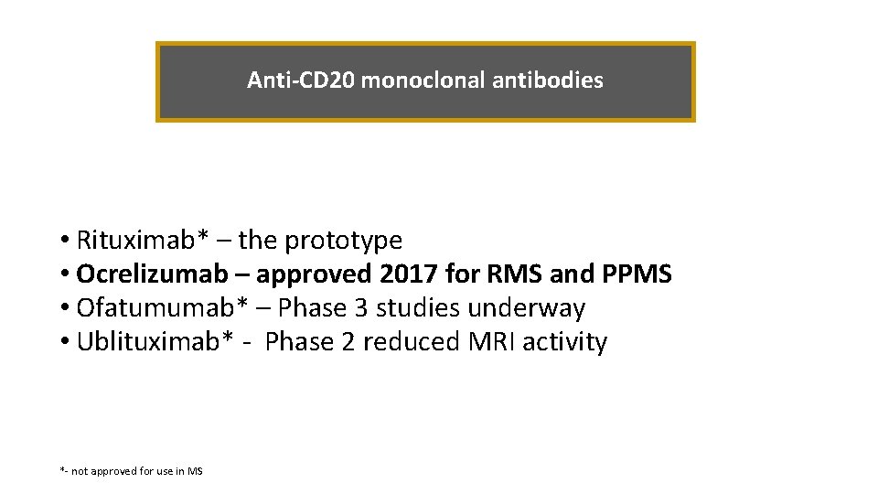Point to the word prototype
pos(344,241)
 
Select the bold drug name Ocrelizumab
pos(155,274)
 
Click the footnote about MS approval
pos(132,471)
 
